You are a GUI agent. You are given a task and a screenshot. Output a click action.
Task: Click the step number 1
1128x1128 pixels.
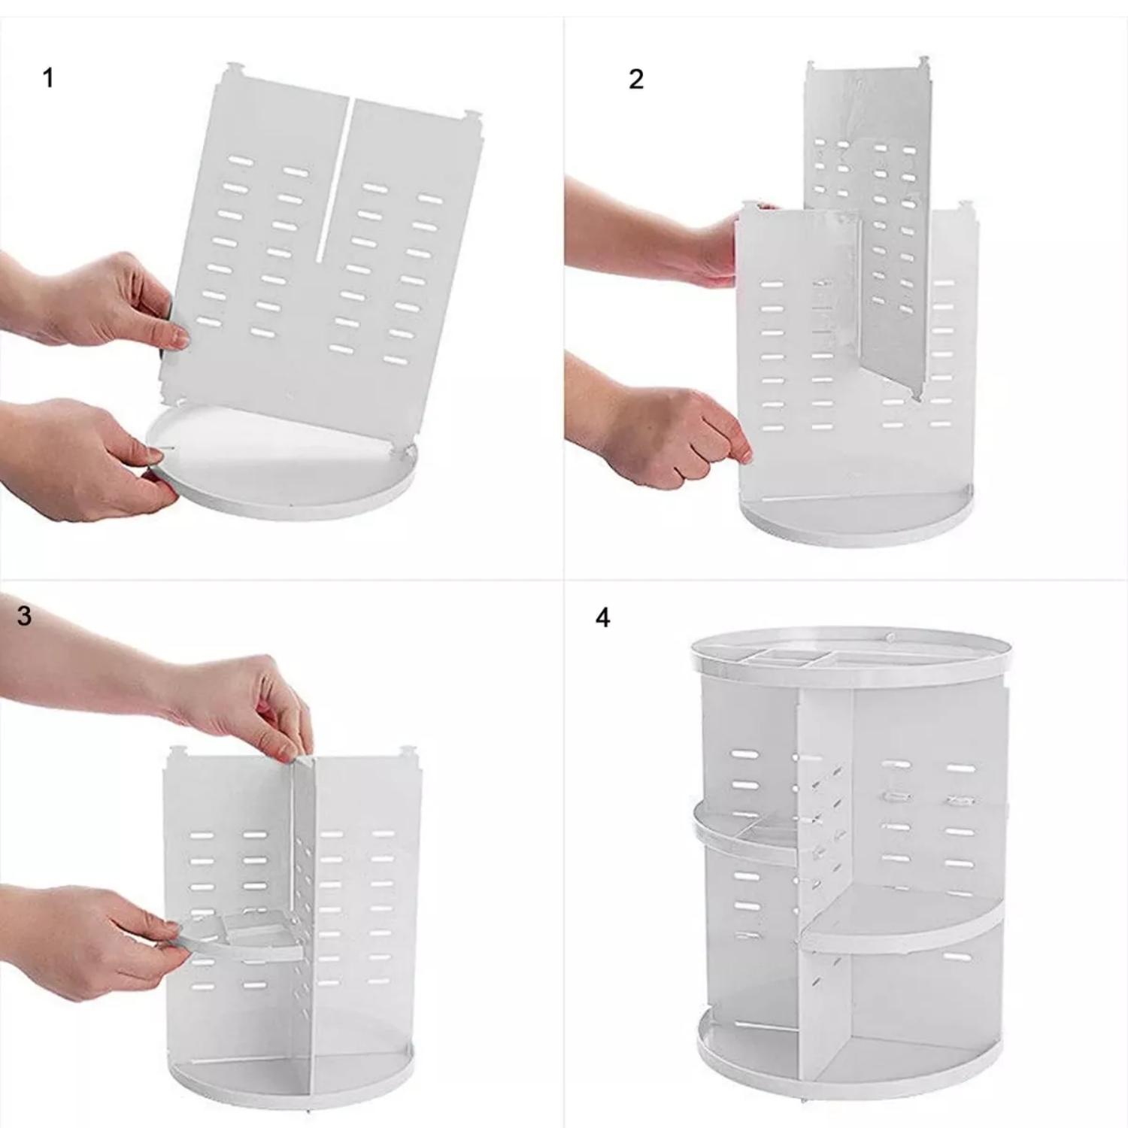pyautogui.click(x=48, y=78)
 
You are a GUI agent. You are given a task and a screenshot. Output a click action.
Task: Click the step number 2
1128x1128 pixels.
pyautogui.click(x=636, y=80)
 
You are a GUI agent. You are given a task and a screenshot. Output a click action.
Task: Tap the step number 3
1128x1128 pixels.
pyautogui.click(x=24, y=616)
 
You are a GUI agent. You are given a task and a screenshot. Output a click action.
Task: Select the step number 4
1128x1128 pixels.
pyautogui.click(x=602, y=618)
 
